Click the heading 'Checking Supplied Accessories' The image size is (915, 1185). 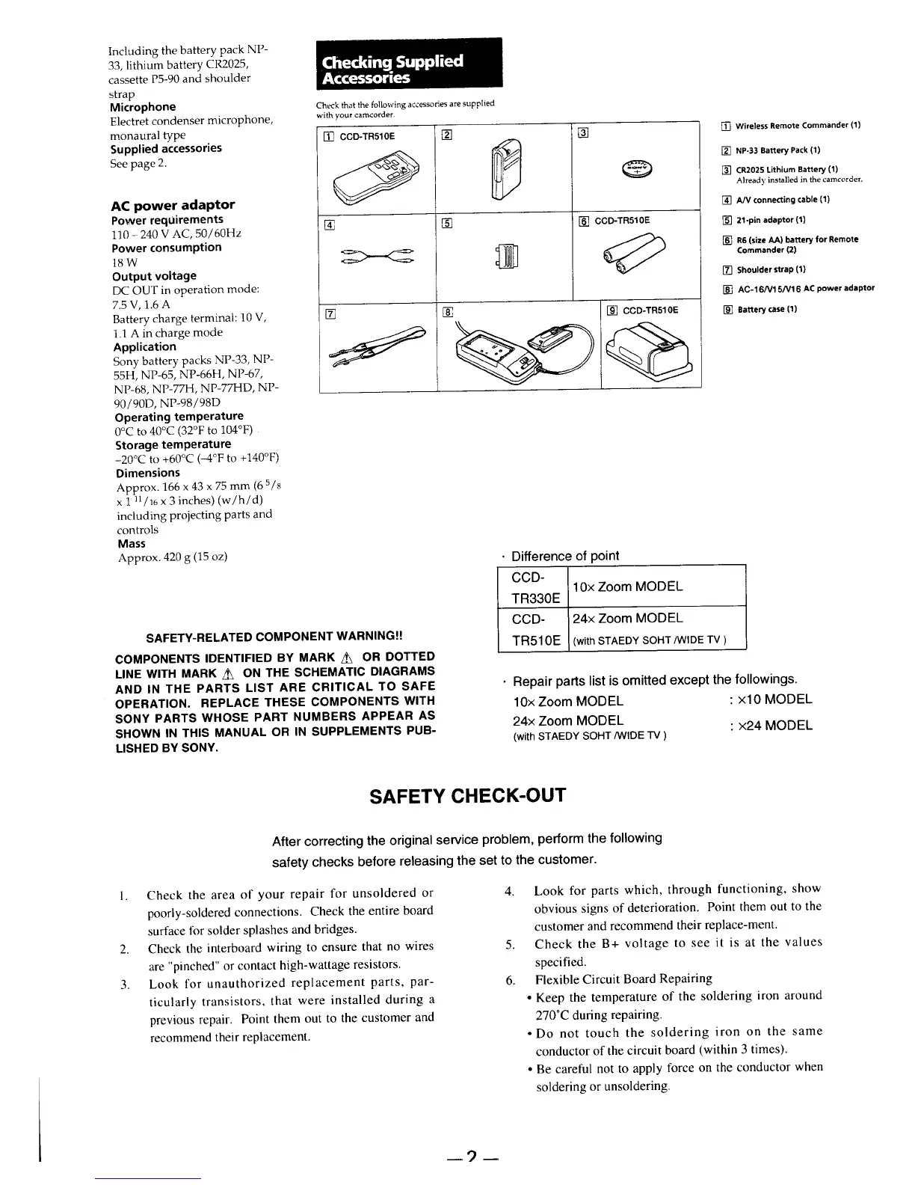392,69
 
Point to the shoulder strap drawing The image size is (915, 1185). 378,346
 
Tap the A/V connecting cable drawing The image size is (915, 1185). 378,256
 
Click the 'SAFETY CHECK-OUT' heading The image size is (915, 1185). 468,794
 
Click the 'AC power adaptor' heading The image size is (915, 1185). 173,205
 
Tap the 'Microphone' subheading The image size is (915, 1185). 143,107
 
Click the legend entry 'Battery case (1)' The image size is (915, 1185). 766,309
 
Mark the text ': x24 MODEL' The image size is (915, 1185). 770,726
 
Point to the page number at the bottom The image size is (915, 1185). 471,1159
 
